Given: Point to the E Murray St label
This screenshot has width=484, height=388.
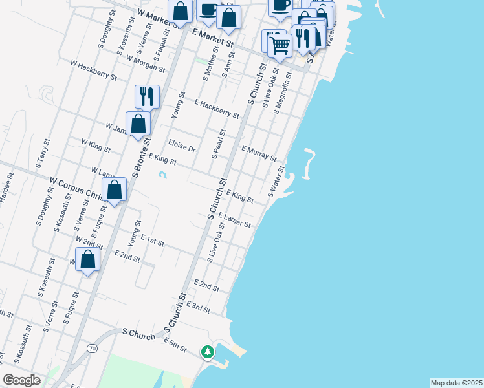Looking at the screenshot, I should (259, 153).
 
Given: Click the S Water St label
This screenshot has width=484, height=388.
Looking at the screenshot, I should (276, 182).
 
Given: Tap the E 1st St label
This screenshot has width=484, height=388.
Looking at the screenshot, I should (153, 242).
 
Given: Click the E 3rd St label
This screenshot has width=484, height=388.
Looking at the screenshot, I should (198, 307).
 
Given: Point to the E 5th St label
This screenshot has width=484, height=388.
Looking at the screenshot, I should (175, 345).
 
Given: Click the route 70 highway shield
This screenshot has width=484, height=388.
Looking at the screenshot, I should (93, 349).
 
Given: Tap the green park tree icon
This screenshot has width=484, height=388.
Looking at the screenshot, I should (207, 352).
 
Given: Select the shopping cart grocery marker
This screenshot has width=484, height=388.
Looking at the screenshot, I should (280, 45).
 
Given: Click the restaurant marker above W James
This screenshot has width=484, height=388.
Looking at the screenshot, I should (147, 96).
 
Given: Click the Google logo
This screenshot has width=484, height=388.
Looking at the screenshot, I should (21, 381).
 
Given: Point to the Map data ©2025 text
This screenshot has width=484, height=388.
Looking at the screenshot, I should (456, 383).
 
